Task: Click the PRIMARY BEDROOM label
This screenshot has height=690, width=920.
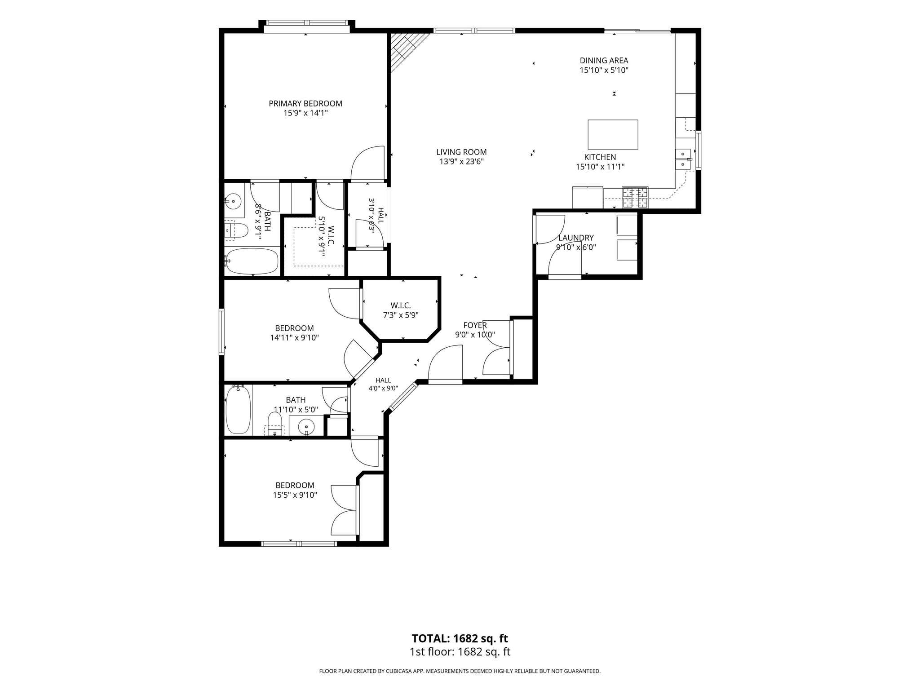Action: click(305, 103)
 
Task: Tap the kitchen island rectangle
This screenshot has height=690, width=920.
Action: click(613, 134)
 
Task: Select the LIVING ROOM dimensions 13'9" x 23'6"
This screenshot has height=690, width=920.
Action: click(461, 162)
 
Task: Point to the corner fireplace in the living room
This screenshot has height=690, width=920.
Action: click(407, 50)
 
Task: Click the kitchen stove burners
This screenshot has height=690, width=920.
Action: click(635, 197)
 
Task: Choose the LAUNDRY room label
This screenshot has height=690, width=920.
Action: click(576, 238)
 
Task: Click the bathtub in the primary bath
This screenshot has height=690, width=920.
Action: click(252, 261)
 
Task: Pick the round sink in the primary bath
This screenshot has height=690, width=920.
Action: click(233, 201)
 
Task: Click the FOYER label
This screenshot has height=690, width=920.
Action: click(475, 325)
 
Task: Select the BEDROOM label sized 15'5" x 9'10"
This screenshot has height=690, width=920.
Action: click(295, 485)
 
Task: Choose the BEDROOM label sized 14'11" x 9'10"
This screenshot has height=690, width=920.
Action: click(294, 328)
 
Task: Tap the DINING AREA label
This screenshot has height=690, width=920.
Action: click(604, 60)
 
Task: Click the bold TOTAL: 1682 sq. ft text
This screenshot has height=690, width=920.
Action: click(460, 638)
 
